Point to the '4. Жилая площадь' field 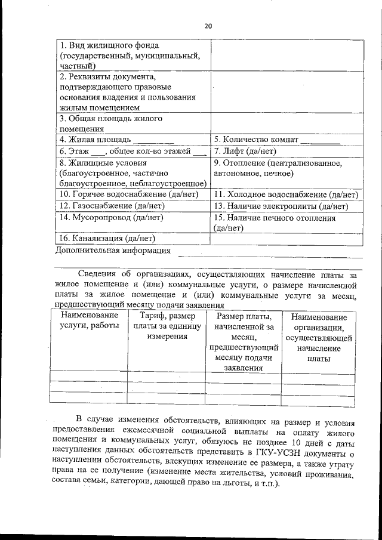coord(99,140)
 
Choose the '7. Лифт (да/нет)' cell coord(245,151)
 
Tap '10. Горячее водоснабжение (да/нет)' coord(128,195)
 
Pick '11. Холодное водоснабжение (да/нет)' coord(286,195)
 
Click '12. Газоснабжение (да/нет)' coord(112,206)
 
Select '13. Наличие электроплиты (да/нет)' coord(281,206)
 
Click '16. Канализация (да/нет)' coord(107,239)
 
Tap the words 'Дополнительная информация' coord(113,251)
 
